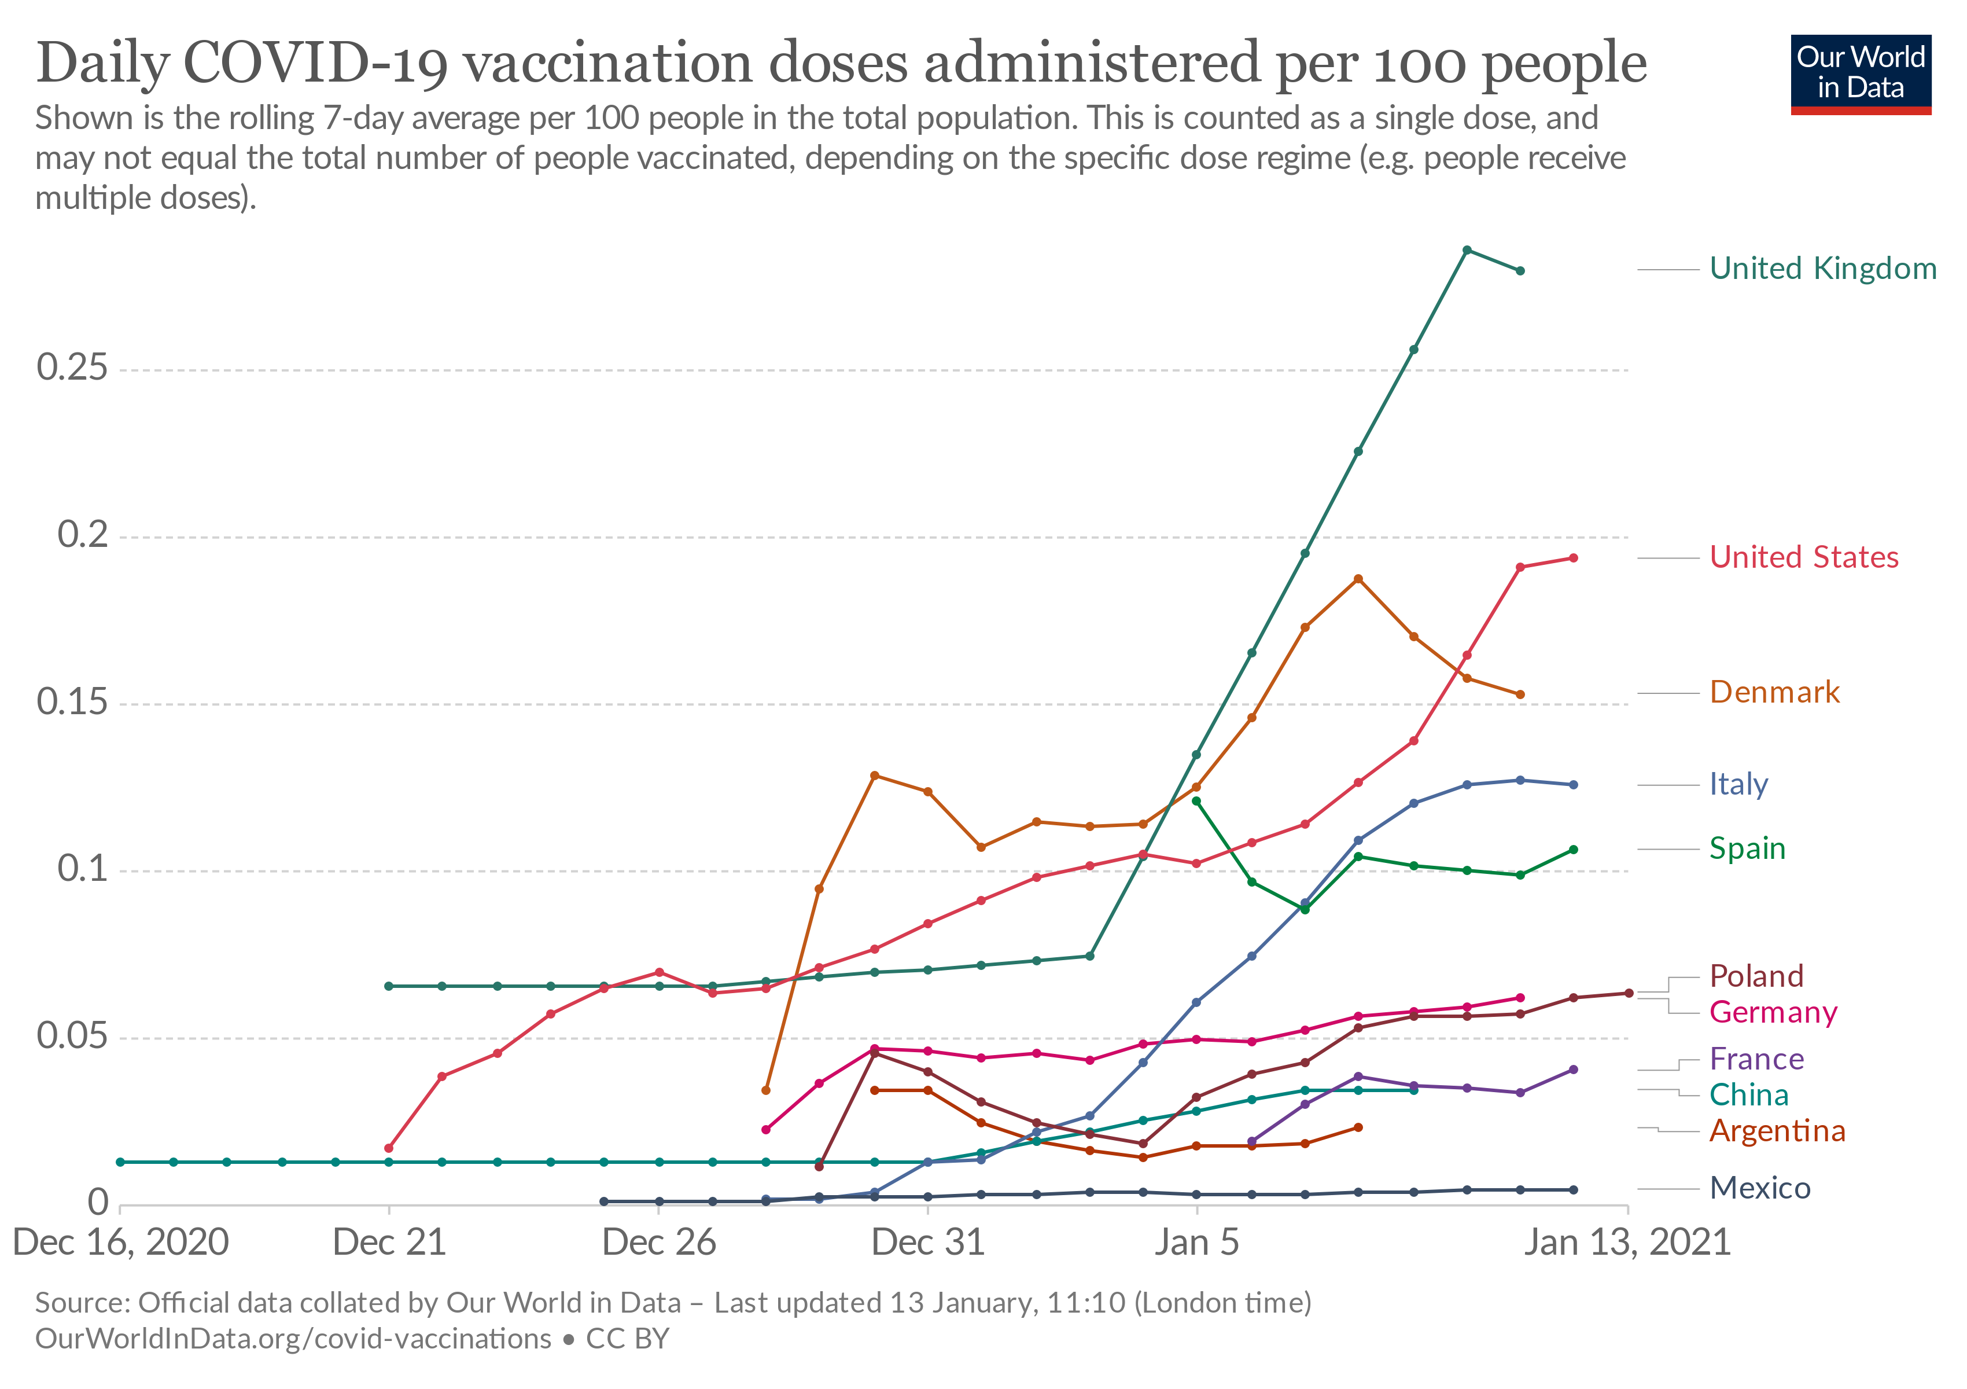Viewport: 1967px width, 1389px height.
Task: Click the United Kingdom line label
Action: point(1822,269)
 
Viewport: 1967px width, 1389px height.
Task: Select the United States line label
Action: point(1803,558)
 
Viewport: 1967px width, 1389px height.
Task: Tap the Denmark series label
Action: point(1774,692)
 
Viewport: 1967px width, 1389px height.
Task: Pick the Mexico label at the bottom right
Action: point(1760,1189)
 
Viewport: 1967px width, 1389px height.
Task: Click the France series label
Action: point(1756,1059)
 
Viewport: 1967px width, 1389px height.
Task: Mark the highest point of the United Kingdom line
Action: point(1467,250)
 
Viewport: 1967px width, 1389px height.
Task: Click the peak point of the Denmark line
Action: point(1358,579)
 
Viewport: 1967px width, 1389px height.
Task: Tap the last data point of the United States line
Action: point(1573,558)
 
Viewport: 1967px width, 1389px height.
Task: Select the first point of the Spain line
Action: point(1196,801)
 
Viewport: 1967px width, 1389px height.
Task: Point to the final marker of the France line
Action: point(1573,1070)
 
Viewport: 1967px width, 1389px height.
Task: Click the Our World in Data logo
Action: point(1860,74)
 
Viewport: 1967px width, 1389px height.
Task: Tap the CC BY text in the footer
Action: point(627,1339)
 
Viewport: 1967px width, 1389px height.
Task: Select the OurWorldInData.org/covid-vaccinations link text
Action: point(293,1339)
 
